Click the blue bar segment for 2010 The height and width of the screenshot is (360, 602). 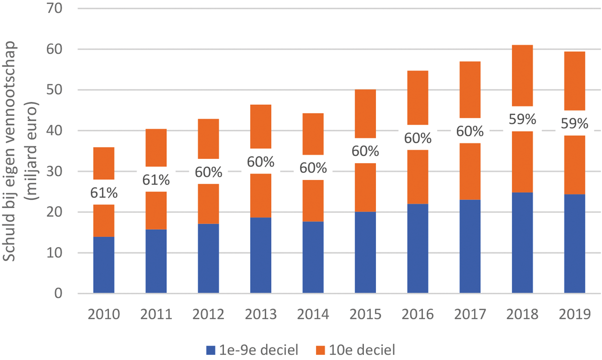pyautogui.click(x=104, y=265)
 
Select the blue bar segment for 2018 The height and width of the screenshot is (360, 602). pyautogui.click(x=522, y=243)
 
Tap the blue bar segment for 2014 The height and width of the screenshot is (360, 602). pyautogui.click(x=313, y=257)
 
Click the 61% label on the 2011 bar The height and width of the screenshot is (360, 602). pyautogui.click(x=156, y=179)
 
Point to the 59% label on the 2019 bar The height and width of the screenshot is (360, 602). pyautogui.click(x=575, y=123)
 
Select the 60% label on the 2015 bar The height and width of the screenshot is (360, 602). pyautogui.click(x=365, y=151)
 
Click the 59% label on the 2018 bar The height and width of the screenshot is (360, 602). pyautogui.click(x=522, y=119)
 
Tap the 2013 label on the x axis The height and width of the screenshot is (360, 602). pyautogui.click(x=260, y=315)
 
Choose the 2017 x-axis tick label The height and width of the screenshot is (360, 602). pyautogui.click(x=470, y=315)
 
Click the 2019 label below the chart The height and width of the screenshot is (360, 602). pyautogui.click(x=575, y=315)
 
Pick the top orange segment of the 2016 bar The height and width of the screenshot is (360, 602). pyautogui.click(x=418, y=97)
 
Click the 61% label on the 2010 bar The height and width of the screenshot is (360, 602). pyautogui.click(x=104, y=192)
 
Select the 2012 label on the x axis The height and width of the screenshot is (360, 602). pyautogui.click(x=208, y=315)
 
